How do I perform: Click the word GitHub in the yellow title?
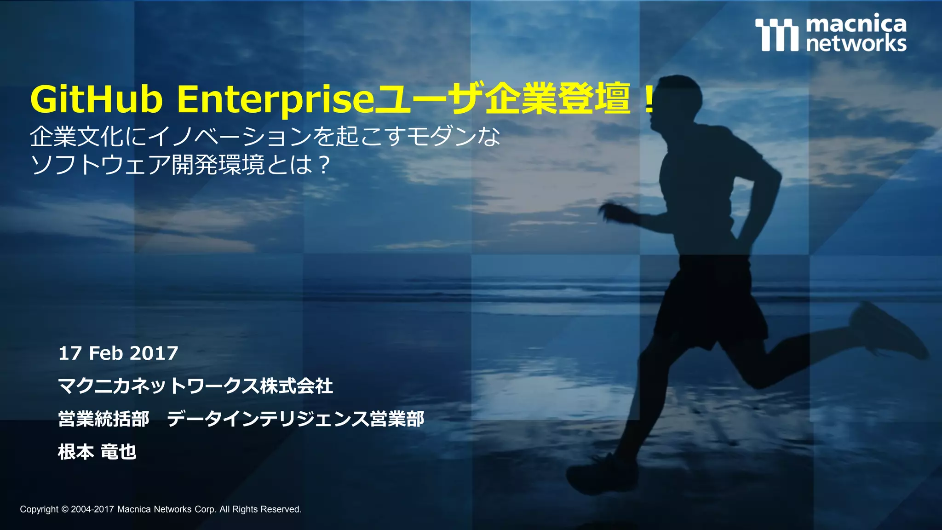tap(97, 100)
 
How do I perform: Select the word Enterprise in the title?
tap(276, 100)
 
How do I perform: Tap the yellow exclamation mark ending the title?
tap(649, 100)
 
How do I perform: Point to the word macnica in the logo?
tap(856, 24)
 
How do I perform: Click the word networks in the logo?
tap(856, 44)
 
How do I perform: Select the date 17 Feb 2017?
tap(118, 353)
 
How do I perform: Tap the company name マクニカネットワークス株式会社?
tap(195, 386)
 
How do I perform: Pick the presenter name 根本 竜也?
tap(97, 452)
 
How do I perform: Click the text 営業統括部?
tap(103, 419)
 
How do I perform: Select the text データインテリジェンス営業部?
tap(295, 419)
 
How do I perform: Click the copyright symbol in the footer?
tap(64, 509)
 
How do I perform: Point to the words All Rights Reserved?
tap(260, 509)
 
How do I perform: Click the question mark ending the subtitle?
tap(324, 165)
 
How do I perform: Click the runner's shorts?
tap(708, 299)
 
